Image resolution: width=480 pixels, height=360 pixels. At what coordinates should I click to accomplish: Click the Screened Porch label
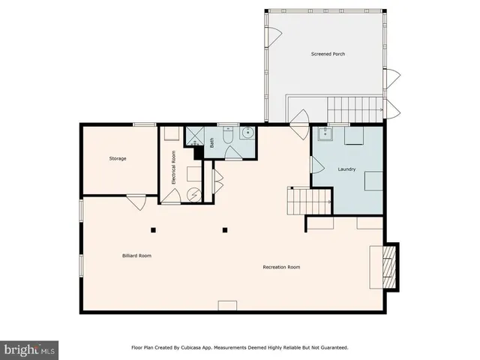pos(328,54)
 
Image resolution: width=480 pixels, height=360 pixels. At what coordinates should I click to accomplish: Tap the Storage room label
pos(118,158)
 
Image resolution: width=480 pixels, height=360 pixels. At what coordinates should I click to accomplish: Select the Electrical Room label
pos(173,168)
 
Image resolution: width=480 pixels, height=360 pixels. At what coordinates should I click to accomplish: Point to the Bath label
pos(212,142)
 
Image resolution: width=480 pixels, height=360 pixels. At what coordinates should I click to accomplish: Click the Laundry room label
pos(346,168)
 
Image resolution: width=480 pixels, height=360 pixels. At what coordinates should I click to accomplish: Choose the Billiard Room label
pos(136,256)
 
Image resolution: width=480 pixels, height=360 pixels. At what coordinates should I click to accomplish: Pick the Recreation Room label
pos(281,267)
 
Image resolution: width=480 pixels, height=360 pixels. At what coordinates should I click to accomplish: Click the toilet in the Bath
pos(229,136)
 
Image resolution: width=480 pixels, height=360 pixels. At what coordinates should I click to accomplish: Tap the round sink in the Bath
pos(247,136)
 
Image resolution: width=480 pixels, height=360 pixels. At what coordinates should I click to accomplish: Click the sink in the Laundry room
pos(325,134)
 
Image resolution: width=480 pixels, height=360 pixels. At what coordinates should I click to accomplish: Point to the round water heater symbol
pos(194,193)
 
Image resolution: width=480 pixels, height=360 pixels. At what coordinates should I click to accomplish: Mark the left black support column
pos(152,229)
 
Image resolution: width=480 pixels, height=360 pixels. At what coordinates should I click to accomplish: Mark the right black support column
pos(223,229)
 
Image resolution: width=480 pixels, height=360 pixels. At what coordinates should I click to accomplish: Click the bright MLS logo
pos(30,349)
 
